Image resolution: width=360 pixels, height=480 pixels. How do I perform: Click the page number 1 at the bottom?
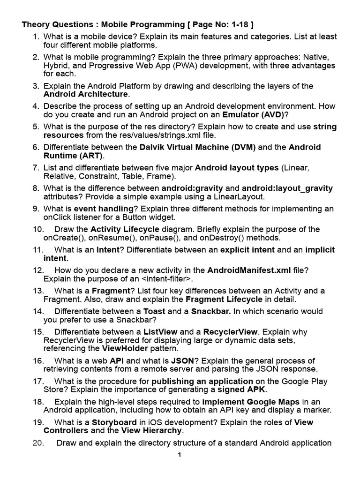click(x=179, y=454)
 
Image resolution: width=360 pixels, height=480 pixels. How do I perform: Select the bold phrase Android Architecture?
click(x=86, y=94)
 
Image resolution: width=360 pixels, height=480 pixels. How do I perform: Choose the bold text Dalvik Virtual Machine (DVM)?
click(x=198, y=147)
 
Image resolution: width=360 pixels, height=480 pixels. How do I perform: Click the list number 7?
click(x=36, y=167)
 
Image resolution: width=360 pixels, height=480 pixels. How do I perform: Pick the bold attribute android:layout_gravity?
click(x=287, y=188)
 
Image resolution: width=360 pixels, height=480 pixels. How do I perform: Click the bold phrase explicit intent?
click(x=247, y=250)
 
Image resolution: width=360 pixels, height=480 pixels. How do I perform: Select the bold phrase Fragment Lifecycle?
click(x=224, y=299)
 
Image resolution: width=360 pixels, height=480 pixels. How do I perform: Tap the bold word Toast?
click(x=154, y=311)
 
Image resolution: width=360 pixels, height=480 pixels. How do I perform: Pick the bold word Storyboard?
click(x=114, y=422)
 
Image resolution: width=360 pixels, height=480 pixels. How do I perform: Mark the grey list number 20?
click(x=38, y=442)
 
